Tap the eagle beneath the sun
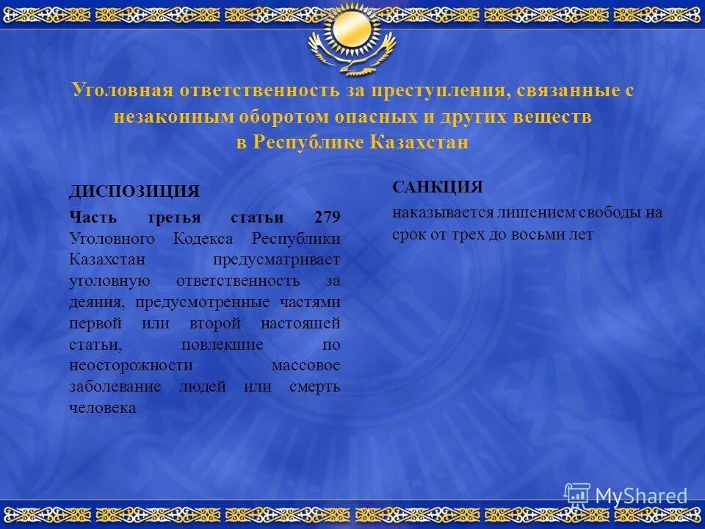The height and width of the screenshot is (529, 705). pos(352,59)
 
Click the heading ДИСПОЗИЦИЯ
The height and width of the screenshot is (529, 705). pos(134,191)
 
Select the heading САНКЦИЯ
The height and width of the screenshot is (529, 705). pos(438,187)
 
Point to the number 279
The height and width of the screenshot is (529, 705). pos(327,218)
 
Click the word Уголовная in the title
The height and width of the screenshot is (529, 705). pos(122,91)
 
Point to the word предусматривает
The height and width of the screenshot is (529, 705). pos(277,260)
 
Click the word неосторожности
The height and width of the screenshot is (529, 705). pos(131,365)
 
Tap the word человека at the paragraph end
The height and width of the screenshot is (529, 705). pos(103,408)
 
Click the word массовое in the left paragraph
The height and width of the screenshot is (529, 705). pos(305,365)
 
